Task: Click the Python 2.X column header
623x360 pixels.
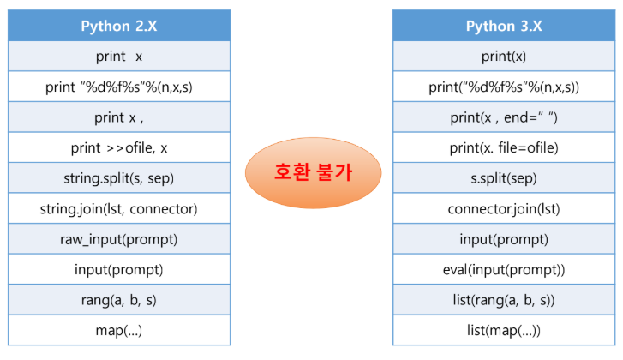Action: coord(119,26)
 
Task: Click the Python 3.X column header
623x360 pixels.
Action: coord(504,26)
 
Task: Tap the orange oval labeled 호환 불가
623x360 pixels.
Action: coord(313,172)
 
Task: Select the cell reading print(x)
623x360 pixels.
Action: coord(504,56)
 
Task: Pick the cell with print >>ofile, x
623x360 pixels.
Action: coord(119,147)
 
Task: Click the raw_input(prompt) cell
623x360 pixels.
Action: coord(119,239)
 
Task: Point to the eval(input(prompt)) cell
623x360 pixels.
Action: coord(504,269)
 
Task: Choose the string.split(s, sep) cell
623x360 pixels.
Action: coord(119,178)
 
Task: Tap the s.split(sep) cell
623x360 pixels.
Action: coord(504,178)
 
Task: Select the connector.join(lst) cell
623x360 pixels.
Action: coord(504,208)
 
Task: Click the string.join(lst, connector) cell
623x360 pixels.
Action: coord(119,208)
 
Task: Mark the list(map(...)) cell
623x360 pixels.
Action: coord(504,330)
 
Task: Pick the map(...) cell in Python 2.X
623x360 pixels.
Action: coord(119,330)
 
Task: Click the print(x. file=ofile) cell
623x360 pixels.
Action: coord(504,147)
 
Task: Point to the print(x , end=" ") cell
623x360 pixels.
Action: coord(504,117)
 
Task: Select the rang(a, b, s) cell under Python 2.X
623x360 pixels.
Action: coord(119,300)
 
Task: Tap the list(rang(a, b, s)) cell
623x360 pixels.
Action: coord(504,300)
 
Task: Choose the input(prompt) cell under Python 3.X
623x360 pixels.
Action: coord(504,239)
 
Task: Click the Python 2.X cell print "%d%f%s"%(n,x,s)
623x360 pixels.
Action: coord(119,87)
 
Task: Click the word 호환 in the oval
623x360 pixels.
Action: coord(292,172)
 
